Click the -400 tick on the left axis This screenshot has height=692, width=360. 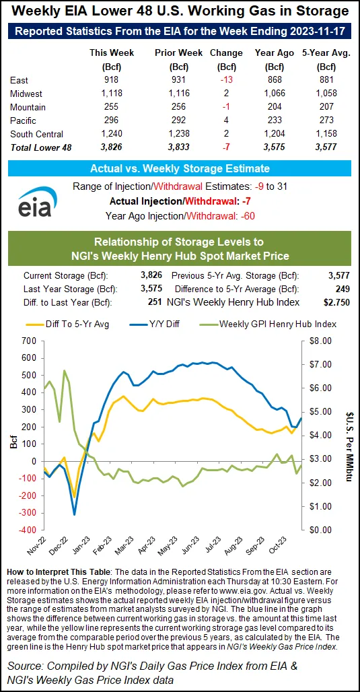tap(30, 530)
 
